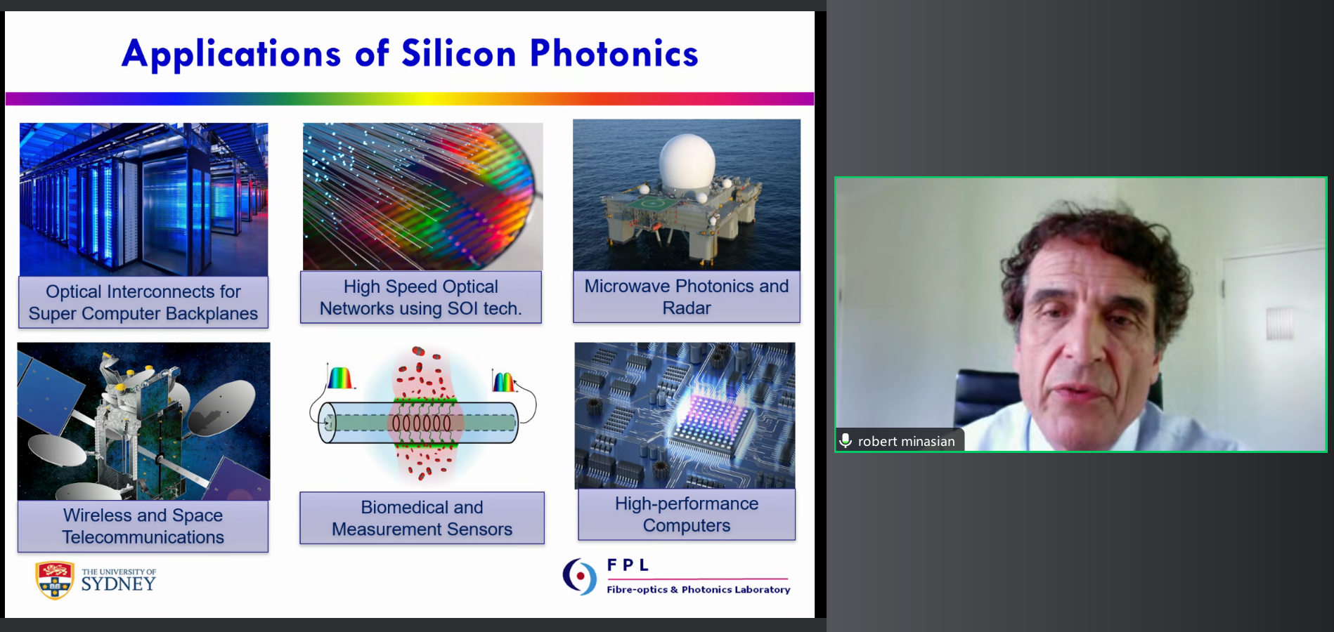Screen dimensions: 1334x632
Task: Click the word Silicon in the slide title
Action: (458, 53)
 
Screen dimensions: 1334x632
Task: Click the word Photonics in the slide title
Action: (614, 53)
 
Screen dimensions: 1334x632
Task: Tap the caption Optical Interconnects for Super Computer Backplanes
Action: (143, 303)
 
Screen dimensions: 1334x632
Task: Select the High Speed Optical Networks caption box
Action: (421, 297)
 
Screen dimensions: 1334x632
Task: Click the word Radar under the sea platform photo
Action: (687, 308)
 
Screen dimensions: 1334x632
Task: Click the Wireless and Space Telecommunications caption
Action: (143, 526)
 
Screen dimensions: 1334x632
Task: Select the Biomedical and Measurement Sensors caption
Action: (422, 518)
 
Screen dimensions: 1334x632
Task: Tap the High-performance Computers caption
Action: (687, 515)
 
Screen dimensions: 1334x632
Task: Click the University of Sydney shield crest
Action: (55, 580)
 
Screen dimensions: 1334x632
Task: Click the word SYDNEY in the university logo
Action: (118, 584)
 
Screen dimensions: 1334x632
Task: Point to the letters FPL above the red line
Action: (628, 565)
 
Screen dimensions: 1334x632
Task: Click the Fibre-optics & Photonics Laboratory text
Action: (699, 590)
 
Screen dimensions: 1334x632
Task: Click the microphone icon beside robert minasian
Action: (846, 440)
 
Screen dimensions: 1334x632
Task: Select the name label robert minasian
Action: (906, 441)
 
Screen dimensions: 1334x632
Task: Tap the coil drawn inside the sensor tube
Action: (422, 423)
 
